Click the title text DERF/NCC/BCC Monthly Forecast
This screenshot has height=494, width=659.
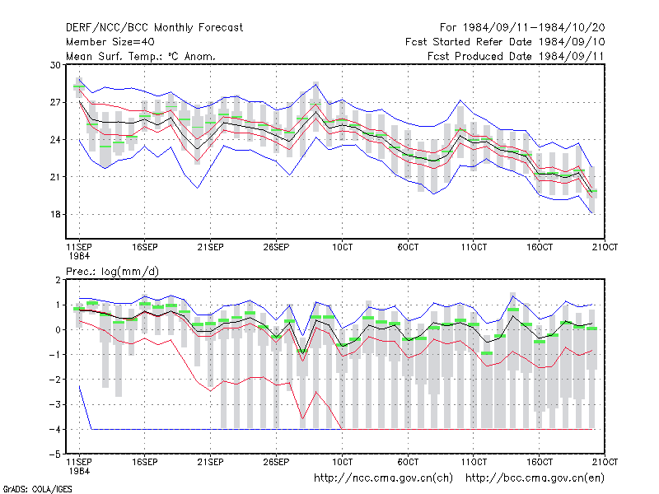point(154,28)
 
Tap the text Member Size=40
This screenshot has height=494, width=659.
point(110,42)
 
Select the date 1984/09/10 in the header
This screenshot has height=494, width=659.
point(572,42)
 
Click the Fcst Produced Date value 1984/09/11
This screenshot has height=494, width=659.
point(572,56)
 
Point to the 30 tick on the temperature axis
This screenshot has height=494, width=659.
point(56,65)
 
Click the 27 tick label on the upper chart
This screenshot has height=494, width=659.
point(56,102)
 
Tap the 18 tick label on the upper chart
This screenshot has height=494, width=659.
point(56,215)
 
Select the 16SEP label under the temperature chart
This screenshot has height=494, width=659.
point(145,248)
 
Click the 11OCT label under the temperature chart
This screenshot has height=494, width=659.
point(474,248)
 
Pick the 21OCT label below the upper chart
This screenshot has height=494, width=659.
point(605,248)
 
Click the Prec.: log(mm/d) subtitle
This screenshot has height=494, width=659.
point(112,272)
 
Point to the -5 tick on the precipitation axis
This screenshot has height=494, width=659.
point(55,454)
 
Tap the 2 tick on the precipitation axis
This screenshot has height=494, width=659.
point(58,280)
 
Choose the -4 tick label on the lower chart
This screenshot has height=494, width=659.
point(55,430)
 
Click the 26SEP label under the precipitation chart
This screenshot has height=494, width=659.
point(276,462)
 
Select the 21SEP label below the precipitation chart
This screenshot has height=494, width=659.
point(211,462)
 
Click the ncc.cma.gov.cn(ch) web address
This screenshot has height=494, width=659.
point(383,478)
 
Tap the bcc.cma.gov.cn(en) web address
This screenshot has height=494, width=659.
point(535,478)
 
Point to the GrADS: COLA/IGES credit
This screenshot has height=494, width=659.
point(37,489)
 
